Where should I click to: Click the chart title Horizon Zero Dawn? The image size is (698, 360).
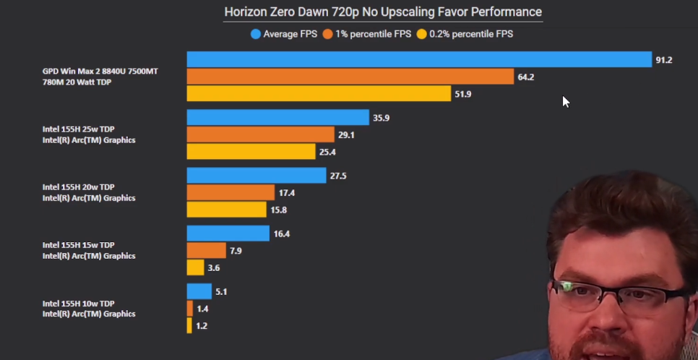click(x=383, y=12)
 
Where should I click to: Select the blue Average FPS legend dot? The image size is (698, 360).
click(x=255, y=34)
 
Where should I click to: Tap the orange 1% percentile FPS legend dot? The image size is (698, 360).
click(x=327, y=34)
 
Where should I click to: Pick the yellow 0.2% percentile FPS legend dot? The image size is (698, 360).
click(x=421, y=34)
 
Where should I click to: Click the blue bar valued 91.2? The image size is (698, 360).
click(x=419, y=59)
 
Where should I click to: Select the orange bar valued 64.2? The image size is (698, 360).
click(x=350, y=76)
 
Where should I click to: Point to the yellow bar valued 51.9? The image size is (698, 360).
click(x=319, y=93)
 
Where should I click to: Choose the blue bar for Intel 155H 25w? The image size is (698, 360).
click(x=277, y=117)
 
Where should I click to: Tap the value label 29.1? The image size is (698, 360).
click(x=347, y=135)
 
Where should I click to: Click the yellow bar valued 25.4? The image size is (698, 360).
click(x=251, y=151)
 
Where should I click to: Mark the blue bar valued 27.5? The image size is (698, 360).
click(x=256, y=175)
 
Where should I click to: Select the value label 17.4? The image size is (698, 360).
click(x=287, y=193)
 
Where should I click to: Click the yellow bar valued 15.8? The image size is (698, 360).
click(x=226, y=210)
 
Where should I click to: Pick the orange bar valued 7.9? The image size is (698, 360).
click(x=206, y=250)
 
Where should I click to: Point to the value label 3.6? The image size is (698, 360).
click(x=214, y=268)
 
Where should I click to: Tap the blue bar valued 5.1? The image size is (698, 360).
click(x=199, y=291)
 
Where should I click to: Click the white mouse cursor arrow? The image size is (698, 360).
click(x=566, y=101)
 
